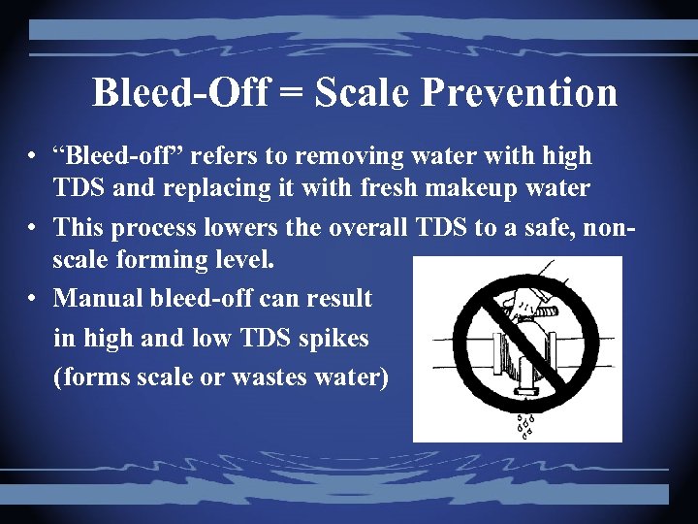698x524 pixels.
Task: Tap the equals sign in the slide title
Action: [x=288, y=94]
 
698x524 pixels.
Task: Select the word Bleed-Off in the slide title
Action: [x=181, y=93]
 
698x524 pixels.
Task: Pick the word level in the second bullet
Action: [x=246, y=259]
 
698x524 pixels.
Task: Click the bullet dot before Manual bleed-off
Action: [x=33, y=296]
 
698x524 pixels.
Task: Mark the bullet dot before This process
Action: [x=33, y=228]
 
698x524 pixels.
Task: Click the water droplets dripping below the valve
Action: [x=526, y=425]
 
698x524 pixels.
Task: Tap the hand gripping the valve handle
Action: [x=523, y=301]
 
